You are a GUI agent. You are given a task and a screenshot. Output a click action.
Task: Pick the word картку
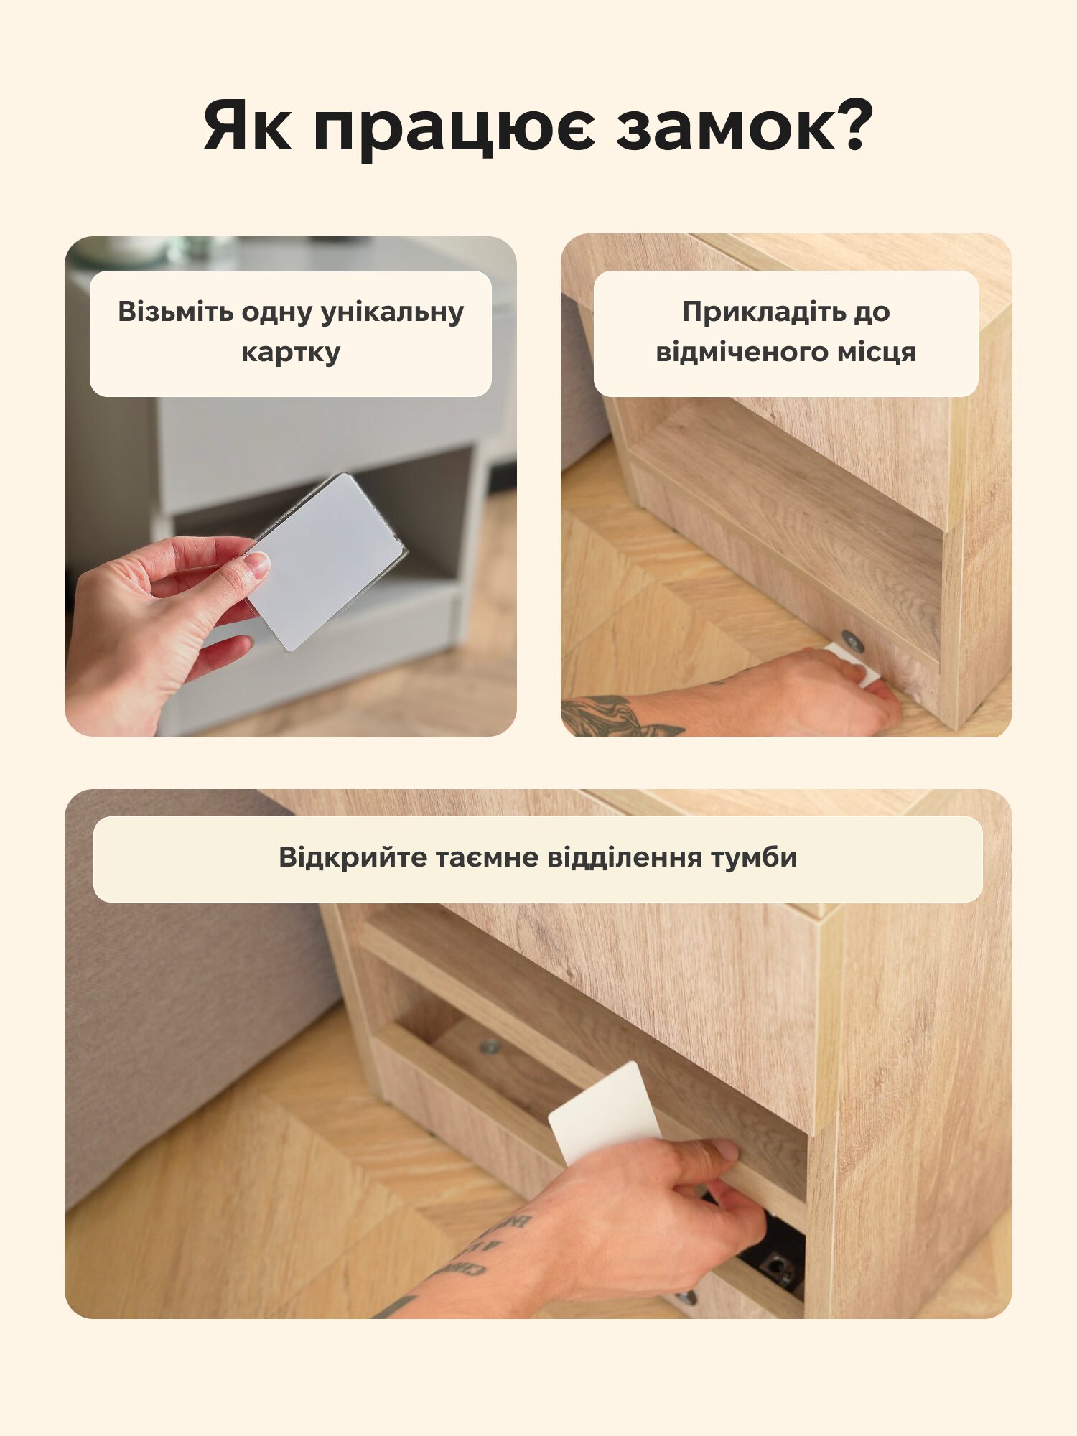(x=291, y=353)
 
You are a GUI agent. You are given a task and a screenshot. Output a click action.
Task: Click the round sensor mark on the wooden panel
(x=853, y=640)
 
